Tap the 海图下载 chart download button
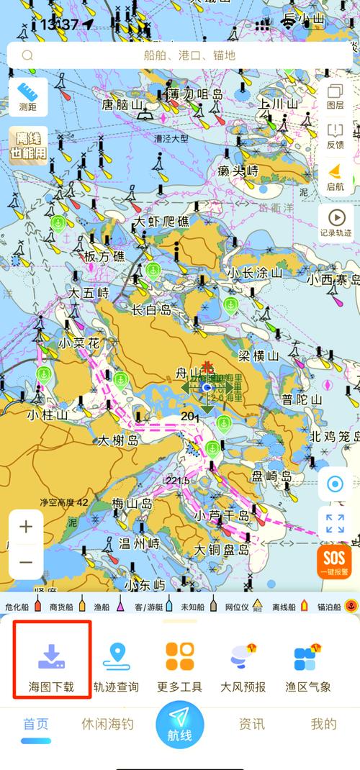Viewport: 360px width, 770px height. (51, 666)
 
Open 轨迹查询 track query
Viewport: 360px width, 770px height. (116, 666)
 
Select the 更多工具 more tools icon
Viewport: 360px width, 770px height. (180, 666)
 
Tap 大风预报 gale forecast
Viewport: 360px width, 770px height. (243, 666)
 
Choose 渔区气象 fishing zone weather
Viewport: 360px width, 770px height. (307, 666)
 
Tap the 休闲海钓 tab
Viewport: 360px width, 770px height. (108, 724)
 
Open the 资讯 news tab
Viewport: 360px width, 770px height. (252, 724)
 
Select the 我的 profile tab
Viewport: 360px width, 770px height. (323, 724)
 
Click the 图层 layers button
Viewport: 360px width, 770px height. (335, 96)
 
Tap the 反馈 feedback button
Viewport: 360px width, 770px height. (335, 136)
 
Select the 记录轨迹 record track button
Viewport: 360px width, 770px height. (336, 222)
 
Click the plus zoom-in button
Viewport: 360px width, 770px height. (26, 527)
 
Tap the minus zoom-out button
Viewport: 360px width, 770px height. (26, 562)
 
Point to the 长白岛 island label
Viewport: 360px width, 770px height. (152, 310)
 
